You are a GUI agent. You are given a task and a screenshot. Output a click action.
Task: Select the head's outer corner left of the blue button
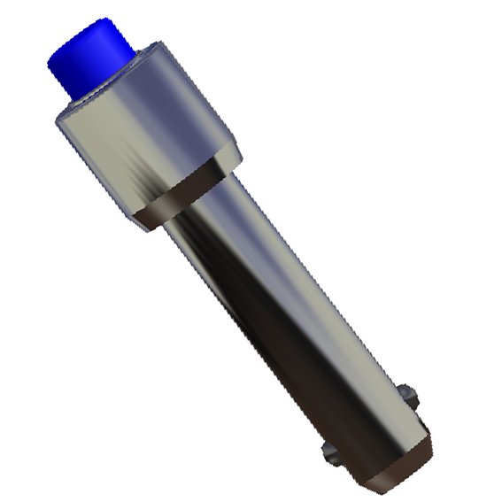tap(57, 120)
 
